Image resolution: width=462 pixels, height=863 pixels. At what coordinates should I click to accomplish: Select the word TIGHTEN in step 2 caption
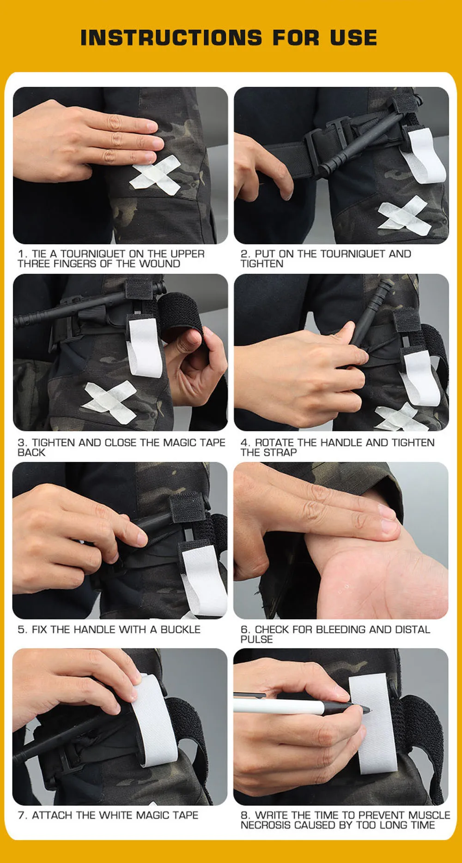pyautogui.click(x=262, y=264)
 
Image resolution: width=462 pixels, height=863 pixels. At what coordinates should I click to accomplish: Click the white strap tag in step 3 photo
pyautogui.click(x=144, y=346)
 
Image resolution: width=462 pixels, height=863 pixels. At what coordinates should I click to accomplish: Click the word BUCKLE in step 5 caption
pyautogui.click(x=180, y=629)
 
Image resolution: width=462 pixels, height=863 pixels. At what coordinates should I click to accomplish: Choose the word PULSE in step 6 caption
pyautogui.click(x=257, y=640)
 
